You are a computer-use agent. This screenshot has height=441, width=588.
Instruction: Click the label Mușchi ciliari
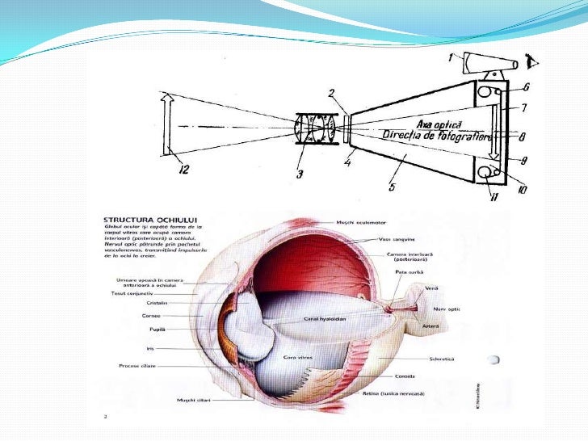click(x=195, y=400)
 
